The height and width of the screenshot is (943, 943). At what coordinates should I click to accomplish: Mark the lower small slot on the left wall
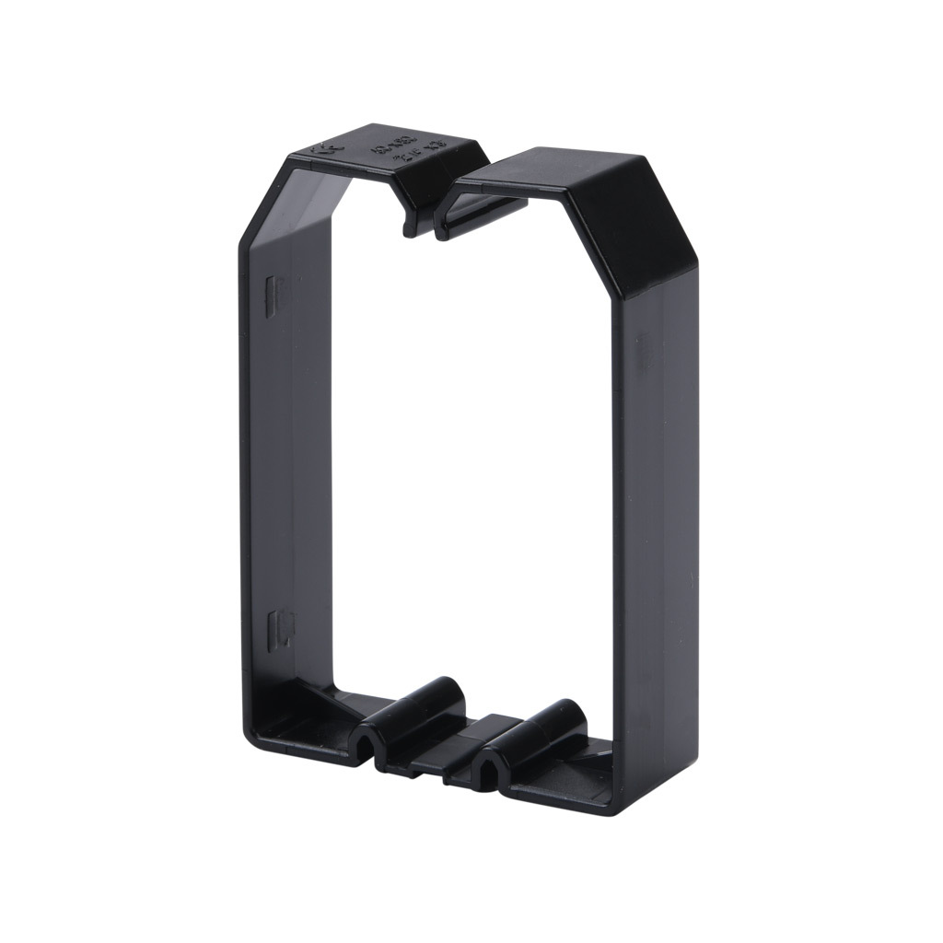click(271, 628)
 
